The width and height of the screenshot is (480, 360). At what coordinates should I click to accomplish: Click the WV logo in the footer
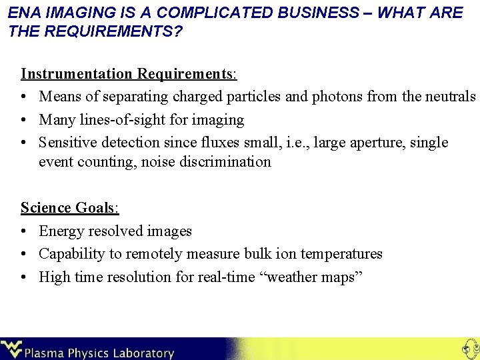[x=11, y=349]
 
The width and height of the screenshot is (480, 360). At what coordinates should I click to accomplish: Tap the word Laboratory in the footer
[x=142, y=353]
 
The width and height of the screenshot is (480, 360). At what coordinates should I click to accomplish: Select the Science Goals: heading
[x=70, y=207]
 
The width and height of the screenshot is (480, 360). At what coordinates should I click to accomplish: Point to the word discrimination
[x=225, y=162]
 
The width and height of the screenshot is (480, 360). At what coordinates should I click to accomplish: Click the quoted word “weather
[x=287, y=277]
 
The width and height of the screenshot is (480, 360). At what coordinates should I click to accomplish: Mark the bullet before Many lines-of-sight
[x=25, y=120]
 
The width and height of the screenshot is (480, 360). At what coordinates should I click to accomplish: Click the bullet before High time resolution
[x=25, y=277]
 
